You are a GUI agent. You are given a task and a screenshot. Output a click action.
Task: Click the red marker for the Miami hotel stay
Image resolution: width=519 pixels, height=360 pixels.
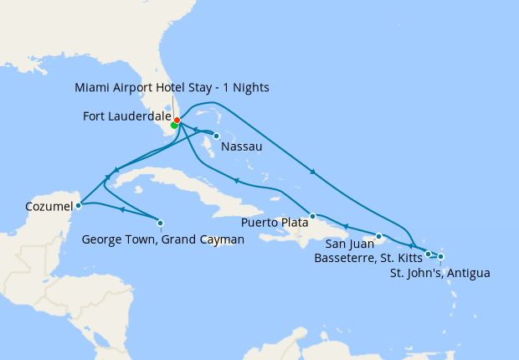(177, 120)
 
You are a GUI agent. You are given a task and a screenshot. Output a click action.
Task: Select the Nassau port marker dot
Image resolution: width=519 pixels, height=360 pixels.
(216, 136)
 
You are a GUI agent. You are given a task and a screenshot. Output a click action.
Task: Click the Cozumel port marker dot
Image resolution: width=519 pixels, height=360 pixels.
(78, 203)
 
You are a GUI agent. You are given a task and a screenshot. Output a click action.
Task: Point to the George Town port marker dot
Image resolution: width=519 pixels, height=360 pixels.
(160, 222)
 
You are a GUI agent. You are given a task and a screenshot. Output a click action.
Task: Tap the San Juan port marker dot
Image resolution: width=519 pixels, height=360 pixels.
(378, 236)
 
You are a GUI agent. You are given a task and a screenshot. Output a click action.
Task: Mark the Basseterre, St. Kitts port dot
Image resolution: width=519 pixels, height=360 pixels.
(428, 254)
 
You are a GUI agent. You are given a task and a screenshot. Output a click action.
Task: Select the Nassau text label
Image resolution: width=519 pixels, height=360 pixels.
(242, 147)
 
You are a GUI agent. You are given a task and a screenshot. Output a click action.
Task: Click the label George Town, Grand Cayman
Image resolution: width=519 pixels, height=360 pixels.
(162, 239)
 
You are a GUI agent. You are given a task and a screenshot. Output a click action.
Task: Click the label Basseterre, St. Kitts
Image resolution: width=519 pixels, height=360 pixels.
(367, 259)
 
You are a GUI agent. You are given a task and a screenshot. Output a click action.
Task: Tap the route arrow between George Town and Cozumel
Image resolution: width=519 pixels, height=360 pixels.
(122, 209)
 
